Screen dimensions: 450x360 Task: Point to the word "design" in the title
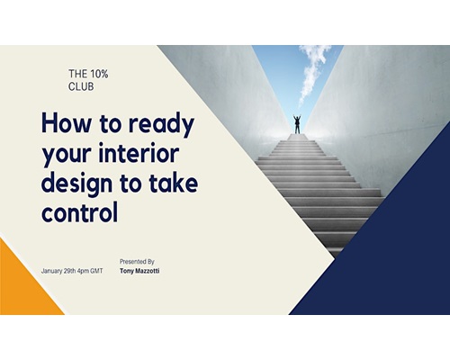(76, 185)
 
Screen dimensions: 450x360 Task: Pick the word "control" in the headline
(79, 212)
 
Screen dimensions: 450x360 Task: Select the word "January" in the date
(52, 271)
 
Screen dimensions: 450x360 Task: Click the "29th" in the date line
(70, 271)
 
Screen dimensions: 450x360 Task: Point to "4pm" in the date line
(83, 271)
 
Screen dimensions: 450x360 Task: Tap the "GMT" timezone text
(96, 271)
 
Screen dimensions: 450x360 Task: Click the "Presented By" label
(137, 262)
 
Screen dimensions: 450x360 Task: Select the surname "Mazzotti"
(148, 271)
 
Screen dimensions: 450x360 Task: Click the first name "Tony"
(127, 271)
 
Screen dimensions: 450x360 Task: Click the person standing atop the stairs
(297, 124)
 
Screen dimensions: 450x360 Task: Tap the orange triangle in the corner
(21, 285)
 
